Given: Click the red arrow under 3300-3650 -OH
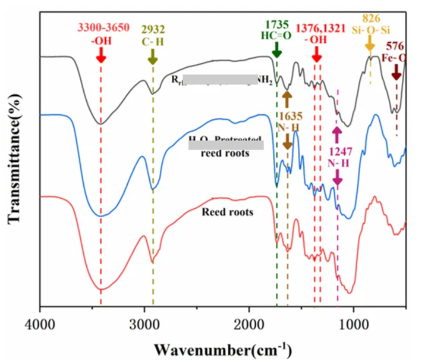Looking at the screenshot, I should pyautogui.click(x=101, y=55).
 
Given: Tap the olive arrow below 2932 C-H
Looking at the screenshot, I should pyautogui.click(x=153, y=57).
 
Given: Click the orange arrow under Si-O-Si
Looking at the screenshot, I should pyautogui.click(x=370, y=43).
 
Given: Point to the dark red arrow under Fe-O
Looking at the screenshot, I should pyautogui.click(x=396, y=72).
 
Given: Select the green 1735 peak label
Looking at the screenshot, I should pyautogui.click(x=277, y=24).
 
